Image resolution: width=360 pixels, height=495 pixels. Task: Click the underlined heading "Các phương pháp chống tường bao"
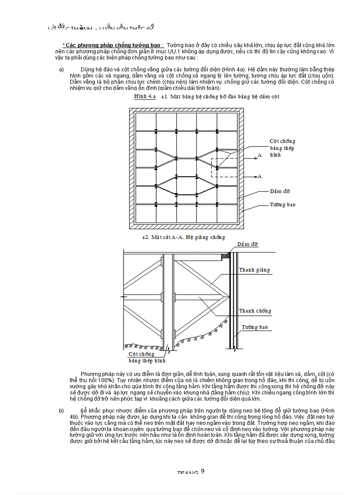pyautogui.click(x=113, y=45)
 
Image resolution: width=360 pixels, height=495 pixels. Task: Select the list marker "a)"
pyautogui.click(x=62, y=70)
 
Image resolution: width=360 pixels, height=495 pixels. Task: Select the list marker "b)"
pyautogui.click(x=62, y=411)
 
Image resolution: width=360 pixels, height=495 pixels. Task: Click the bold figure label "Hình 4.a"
pyautogui.click(x=145, y=96)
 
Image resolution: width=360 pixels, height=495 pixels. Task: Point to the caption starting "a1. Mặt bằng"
pyautogui.click(x=221, y=96)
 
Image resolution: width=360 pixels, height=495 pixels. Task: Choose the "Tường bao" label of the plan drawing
pyautogui.click(x=282, y=205)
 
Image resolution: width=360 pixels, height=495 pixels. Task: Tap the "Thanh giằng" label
pyautogui.click(x=255, y=270)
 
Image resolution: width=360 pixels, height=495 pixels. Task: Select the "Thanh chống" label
pyautogui.click(x=255, y=311)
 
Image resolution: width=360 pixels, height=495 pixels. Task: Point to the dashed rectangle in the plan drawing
pyautogui.click(x=224, y=167)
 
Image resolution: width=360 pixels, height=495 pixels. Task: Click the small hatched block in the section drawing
pyautogui.click(x=226, y=255)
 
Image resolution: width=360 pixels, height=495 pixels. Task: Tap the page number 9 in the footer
pyautogui.click(x=202, y=471)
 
